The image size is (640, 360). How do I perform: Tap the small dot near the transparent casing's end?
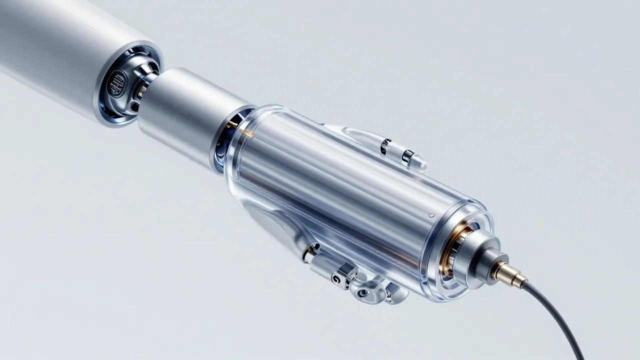[x=431, y=215]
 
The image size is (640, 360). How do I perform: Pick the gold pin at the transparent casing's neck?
[x=244, y=132]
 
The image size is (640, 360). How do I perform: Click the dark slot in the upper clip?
[x=385, y=146]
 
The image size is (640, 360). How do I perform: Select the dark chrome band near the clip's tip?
[x=408, y=156]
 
